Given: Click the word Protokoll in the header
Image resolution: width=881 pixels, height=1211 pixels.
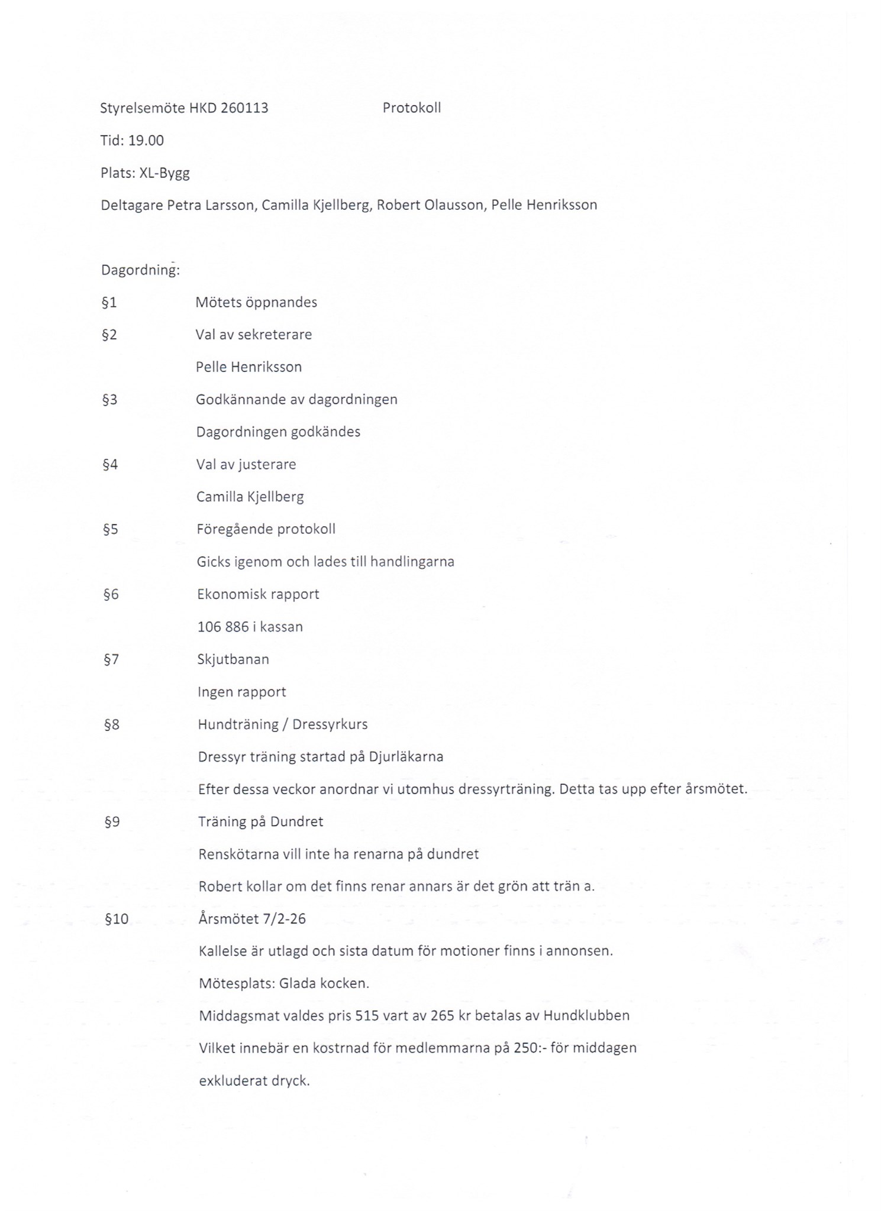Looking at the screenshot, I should point(411,108).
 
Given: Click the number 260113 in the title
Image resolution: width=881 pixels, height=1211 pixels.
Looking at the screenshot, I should point(244,108).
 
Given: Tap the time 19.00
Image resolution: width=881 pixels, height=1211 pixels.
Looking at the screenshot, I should point(146,141).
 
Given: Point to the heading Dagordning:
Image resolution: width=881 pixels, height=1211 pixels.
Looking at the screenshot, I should point(140,270).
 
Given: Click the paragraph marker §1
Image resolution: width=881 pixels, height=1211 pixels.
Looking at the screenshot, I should point(109,303).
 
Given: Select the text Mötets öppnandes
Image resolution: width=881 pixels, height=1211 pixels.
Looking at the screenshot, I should point(256,302).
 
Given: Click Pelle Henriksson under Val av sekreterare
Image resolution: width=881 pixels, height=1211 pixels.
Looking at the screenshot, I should point(249,367).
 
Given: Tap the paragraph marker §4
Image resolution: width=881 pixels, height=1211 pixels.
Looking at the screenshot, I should point(110,465).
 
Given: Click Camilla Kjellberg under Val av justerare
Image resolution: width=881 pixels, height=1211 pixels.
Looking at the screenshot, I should point(250,497).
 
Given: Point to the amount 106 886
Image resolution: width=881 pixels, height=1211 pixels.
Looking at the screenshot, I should point(223,627).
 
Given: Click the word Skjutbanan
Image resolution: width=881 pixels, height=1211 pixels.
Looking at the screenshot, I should point(233,659).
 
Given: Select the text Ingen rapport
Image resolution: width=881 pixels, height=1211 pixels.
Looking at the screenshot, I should point(241,692).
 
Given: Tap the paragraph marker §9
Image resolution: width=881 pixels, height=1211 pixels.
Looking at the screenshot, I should point(112,822).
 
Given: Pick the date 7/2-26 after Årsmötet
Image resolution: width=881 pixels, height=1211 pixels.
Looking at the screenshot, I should point(285,919).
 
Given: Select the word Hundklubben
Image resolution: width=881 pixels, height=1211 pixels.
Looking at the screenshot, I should point(586,1016).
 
